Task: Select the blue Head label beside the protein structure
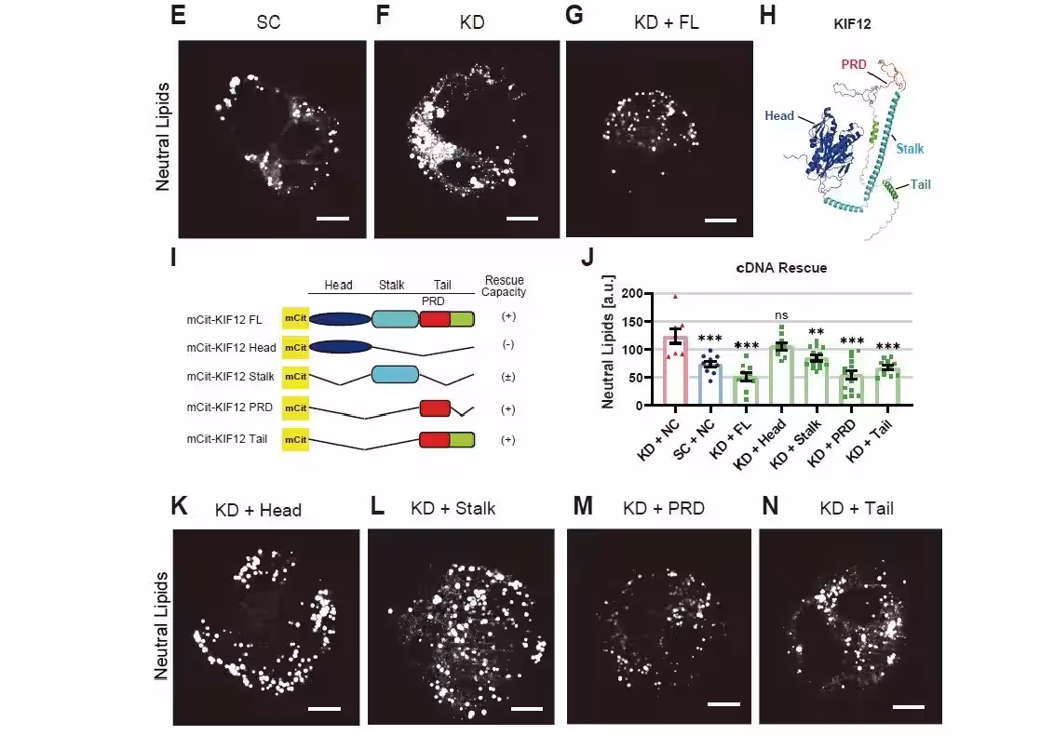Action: click(x=779, y=116)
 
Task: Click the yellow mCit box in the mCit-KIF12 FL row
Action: click(x=295, y=319)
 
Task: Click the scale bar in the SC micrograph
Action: click(x=332, y=219)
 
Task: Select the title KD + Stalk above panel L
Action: click(x=453, y=508)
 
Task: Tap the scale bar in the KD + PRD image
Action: click(x=723, y=703)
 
